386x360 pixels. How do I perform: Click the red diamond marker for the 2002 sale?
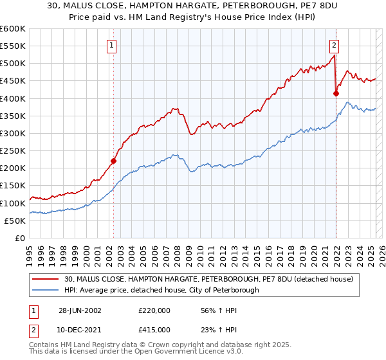tap(114, 161)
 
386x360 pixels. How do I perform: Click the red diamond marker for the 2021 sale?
tap(336, 93)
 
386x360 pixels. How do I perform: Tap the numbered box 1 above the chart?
tap(112, 45)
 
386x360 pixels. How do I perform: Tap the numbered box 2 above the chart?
tap(335, 45)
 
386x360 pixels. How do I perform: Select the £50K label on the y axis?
tap(15, 221)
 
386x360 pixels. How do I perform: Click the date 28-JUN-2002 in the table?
tap(80, 310)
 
